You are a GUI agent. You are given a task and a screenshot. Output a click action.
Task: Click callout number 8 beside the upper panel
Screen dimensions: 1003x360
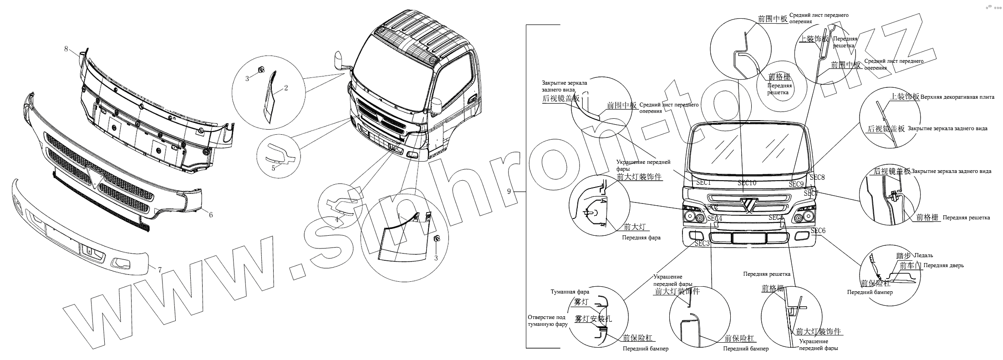click(66, 49)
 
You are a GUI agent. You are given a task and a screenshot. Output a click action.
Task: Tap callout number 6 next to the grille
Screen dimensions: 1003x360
click(211, 215)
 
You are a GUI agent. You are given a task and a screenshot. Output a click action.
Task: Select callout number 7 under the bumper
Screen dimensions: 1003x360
click(159, 269)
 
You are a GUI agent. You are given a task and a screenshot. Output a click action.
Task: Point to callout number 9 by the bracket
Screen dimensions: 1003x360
click(509, 192)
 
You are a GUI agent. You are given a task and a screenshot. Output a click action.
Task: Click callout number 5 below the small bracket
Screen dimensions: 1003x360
click(273, 168)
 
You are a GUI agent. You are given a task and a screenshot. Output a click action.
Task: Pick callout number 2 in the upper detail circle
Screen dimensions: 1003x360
click(286, 88)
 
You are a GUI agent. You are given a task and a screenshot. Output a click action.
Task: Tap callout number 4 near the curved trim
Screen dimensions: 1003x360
click(337, 219)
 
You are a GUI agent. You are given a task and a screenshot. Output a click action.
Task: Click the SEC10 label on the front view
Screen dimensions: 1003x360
click(747, 183)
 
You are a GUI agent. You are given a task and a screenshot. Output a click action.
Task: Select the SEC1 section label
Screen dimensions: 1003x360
click(703, 182)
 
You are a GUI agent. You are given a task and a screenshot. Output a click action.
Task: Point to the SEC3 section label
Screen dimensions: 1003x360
click(702, 243)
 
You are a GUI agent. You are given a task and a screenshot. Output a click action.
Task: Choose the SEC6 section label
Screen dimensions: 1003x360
click(818, 231)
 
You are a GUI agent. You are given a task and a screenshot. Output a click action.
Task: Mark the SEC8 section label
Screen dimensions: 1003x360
click(817, 177)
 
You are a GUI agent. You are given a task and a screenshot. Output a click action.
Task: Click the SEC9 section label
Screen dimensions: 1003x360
click(796, 184)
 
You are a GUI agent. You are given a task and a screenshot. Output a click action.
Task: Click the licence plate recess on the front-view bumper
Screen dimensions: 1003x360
click(748, 238)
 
